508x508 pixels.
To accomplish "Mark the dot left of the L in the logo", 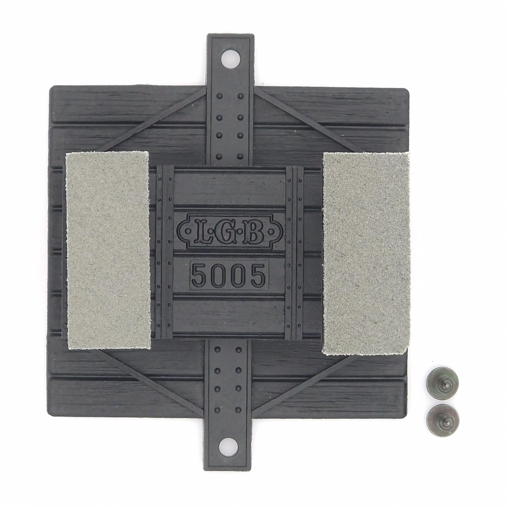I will click(x=188, y=231).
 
